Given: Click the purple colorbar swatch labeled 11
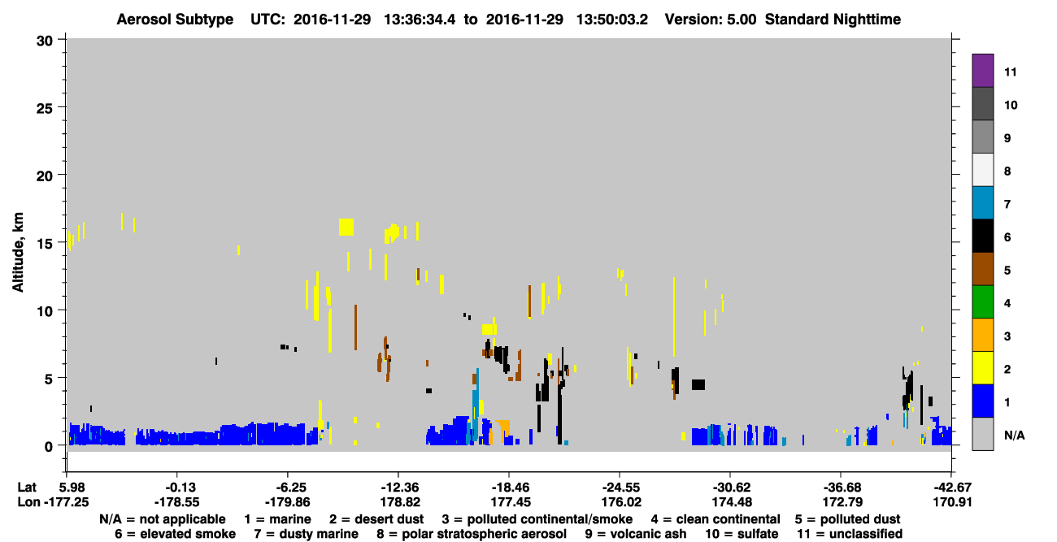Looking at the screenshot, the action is (982, 71).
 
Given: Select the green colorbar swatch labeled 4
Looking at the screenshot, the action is (982, 302).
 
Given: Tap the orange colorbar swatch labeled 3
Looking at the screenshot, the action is (982, 335).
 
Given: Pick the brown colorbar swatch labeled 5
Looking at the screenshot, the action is (982, 269).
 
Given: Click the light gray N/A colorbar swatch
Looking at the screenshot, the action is (982, 434).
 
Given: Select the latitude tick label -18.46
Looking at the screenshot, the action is (510, 488).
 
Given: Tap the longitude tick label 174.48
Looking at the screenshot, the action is (732, 502).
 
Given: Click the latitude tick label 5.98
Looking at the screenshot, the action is (74, 488).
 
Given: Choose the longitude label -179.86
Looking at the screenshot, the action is (287, 502).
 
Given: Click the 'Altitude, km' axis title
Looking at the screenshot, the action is (17, 252).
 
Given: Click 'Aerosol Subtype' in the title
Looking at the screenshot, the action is (175, 20).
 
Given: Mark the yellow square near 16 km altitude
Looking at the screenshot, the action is (346, 227).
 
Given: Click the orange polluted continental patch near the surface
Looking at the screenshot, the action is (502, 429).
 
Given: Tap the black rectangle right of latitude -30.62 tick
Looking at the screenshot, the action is (698, 384).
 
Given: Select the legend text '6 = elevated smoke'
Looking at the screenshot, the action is (175, 534).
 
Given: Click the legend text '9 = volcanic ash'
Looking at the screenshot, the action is (636, 534).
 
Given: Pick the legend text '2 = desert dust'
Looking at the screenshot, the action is (376, 519).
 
